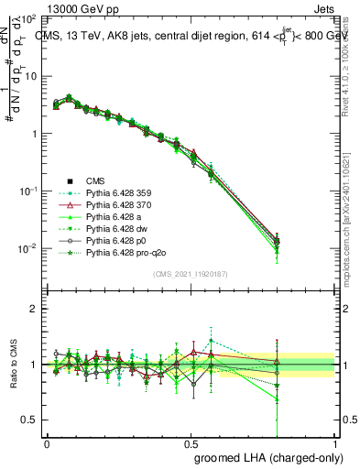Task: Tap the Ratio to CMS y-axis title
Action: tap(12, 365)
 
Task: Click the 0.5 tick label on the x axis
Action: tap(191, 443)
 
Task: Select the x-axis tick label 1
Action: tap(335, 443)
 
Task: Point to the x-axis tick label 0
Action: tap(47, 443)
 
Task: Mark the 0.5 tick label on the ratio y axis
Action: tap(28, 420)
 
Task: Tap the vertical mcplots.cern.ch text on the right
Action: tap(352, 211)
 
